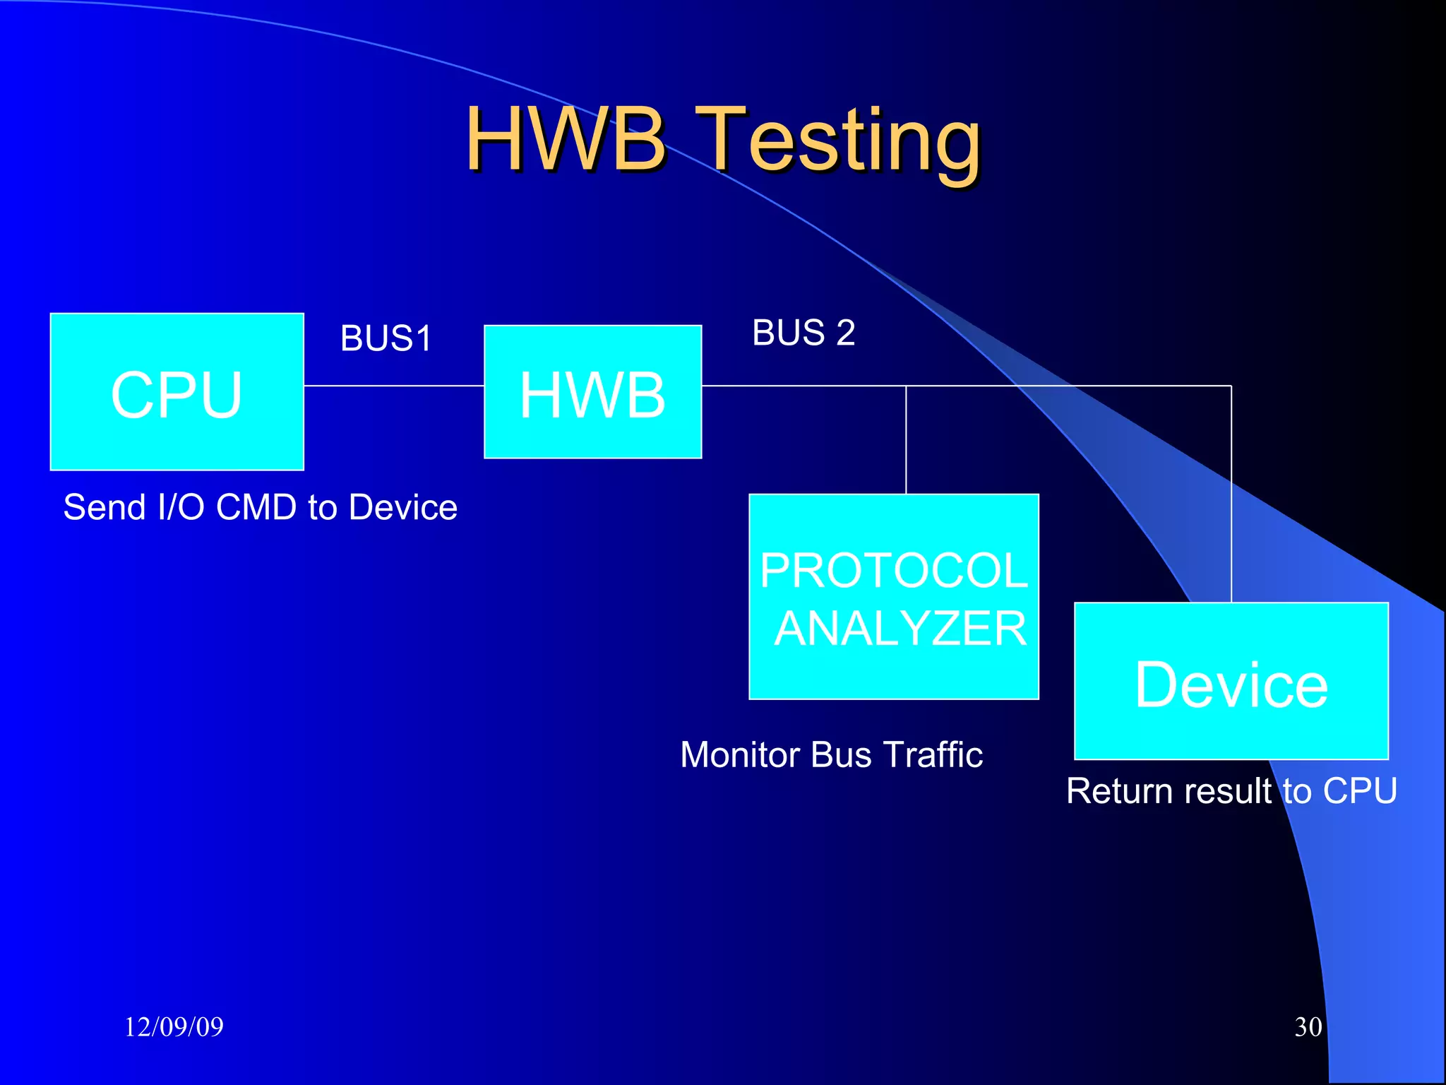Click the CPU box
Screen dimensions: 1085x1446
tap(177, 392)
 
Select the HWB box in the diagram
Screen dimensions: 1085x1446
tap(592, 392)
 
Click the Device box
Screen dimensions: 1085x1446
tap(1231, 682)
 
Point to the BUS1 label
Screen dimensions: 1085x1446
tap(386, 338)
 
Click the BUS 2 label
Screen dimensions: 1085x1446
tap(803, 333)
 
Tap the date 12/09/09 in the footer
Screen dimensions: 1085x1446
tap(174, 1026)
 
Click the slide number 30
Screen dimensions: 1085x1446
tap(1308, 1026)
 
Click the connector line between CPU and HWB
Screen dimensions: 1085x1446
tap(394, 386)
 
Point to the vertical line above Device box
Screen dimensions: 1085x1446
tap(1231, 494)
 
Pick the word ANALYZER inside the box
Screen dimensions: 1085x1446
tap(900, 628)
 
